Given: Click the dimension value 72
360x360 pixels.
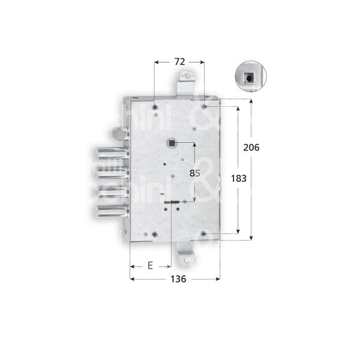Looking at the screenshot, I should point(178,61).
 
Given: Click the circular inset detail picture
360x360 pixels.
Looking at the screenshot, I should point(247,76).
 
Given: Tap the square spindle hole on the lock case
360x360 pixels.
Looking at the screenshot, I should point(172,143).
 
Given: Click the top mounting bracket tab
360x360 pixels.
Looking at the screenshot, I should point(189,79).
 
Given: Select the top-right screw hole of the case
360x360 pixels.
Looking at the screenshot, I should point(205,107).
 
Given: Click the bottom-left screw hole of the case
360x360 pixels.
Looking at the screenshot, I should point(155,234).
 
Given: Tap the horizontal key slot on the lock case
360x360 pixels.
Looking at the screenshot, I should point(172,203).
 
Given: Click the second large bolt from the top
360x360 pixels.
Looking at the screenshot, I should point(111,172).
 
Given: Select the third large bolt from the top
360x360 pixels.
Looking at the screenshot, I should point(111,191).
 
